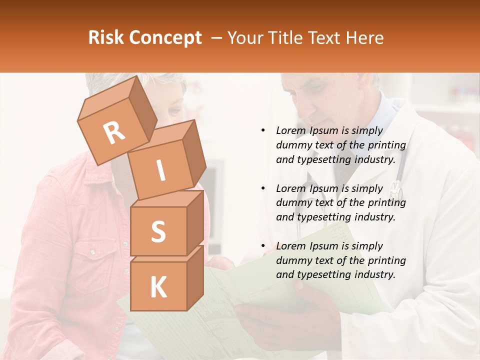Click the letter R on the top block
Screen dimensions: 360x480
(x=114, y=133)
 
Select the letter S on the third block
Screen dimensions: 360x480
(x=158, y=231)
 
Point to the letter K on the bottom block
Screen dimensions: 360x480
(x=158, y=287)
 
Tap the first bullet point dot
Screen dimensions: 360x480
(x=263, y=130)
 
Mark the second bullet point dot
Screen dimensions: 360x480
(x=263, y=188)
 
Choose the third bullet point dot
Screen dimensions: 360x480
(x=263, y=246)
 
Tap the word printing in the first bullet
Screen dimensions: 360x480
(x=386, y=145)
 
